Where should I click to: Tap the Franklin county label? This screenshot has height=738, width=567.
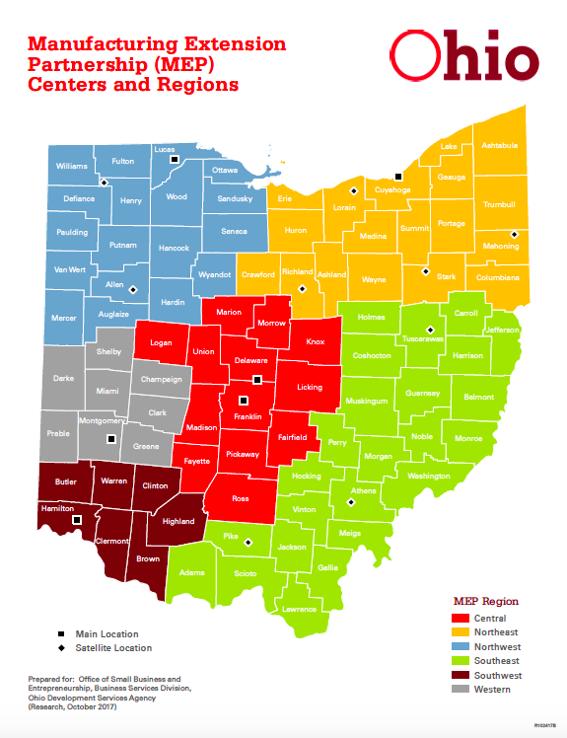click(x=248, y=417)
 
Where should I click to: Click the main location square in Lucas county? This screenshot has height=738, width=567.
click(x=174, y=159)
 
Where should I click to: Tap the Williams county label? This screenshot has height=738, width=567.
click(x=72, y=166)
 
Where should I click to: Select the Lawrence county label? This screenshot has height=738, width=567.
click(x=300, y=609)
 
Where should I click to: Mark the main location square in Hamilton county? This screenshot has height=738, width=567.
click(x=77, y=519)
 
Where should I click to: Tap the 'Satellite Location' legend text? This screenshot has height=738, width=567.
click(x=117, y=648)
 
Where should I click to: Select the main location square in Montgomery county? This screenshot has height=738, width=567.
click(x=111, y=439)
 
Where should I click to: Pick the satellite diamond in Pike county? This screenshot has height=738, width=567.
click(x=248, y=541)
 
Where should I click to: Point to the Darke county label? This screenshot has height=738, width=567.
click(x=63, y=378)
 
